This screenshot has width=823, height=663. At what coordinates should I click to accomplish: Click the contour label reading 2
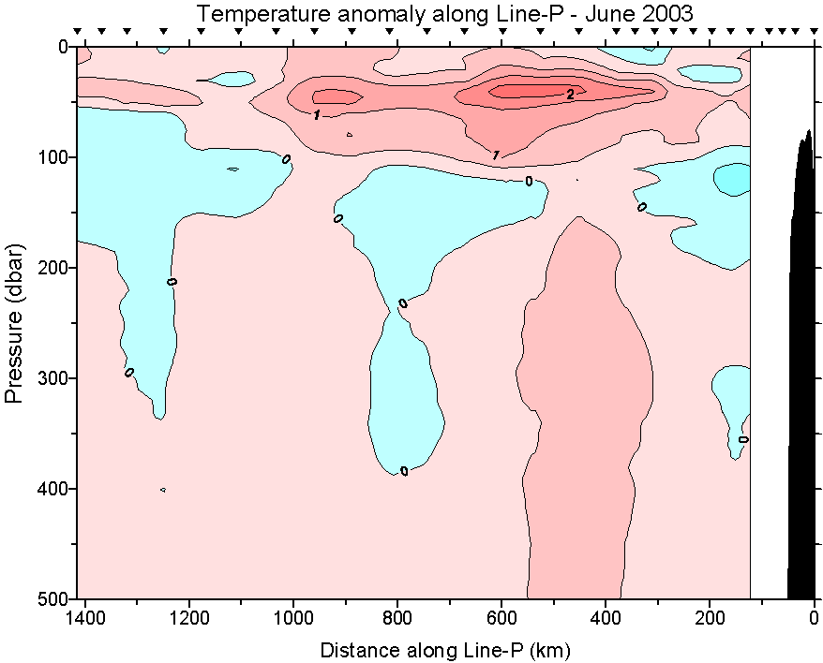[x=570, y=94]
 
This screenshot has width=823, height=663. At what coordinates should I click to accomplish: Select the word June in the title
[x=571, y=14]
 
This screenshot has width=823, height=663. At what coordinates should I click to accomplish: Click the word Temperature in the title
[x=253, y=14]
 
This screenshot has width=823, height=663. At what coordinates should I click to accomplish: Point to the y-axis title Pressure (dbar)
[x=15, y=323]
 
